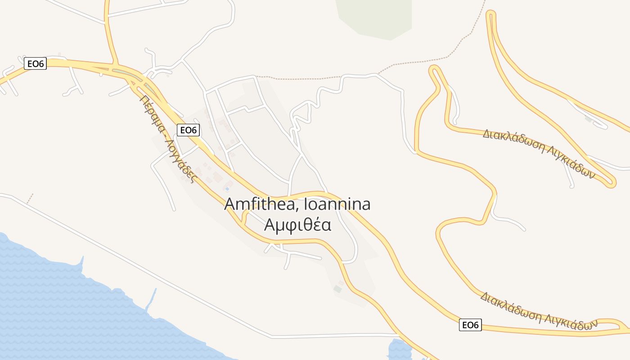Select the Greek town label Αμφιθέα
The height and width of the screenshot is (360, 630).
[x=298, y=225]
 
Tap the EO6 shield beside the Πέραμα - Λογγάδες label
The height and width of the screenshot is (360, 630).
[x=189, y=130]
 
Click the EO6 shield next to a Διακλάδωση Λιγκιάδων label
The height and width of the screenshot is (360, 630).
[x=470, y=325]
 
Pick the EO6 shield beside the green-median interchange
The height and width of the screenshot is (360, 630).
[x=36, y=64]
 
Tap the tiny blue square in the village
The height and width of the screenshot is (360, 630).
[x=227, y=189]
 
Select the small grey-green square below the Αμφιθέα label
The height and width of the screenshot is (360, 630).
[x=337, y=289]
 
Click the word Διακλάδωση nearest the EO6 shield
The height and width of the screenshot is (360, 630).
[x=511, y=307]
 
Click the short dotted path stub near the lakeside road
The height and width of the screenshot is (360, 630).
[x=30, y=198]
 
